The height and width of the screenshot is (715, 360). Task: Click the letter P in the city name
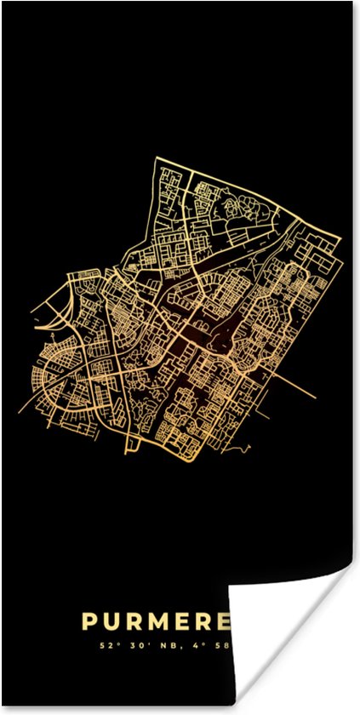(89, 622)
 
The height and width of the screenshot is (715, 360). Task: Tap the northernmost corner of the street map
(157, 157)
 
